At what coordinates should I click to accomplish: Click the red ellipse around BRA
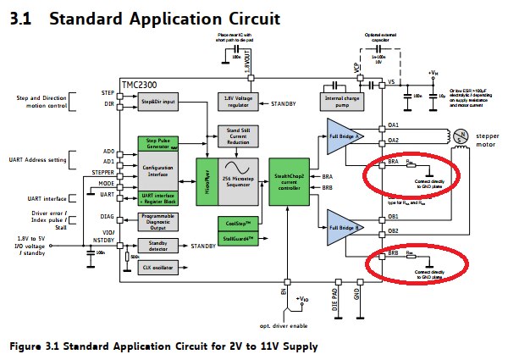point(409,174)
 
